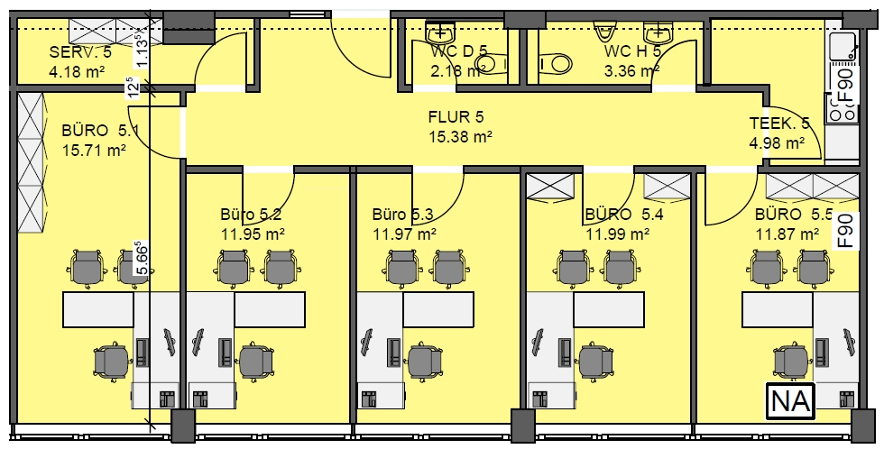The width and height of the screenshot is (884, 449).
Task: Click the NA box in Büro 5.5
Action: point(790,401)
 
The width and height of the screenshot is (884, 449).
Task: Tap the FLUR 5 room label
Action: point(456,117)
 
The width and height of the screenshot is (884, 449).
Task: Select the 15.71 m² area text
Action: point(94,151)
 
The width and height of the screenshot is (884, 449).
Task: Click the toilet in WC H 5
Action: point(553,64)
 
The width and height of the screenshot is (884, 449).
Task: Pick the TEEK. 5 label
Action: point(779,123)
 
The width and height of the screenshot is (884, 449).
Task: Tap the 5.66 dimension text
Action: point(143,258)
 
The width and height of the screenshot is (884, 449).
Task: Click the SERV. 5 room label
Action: point(80,52)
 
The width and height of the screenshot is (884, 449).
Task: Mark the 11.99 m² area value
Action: point(617,234)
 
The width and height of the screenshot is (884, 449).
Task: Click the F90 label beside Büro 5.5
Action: point(847,231)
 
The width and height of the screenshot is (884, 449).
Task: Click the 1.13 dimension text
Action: point(143,50)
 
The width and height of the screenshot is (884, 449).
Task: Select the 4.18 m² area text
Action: point(78,71)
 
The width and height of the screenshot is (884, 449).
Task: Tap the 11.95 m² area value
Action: point(252,234)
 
